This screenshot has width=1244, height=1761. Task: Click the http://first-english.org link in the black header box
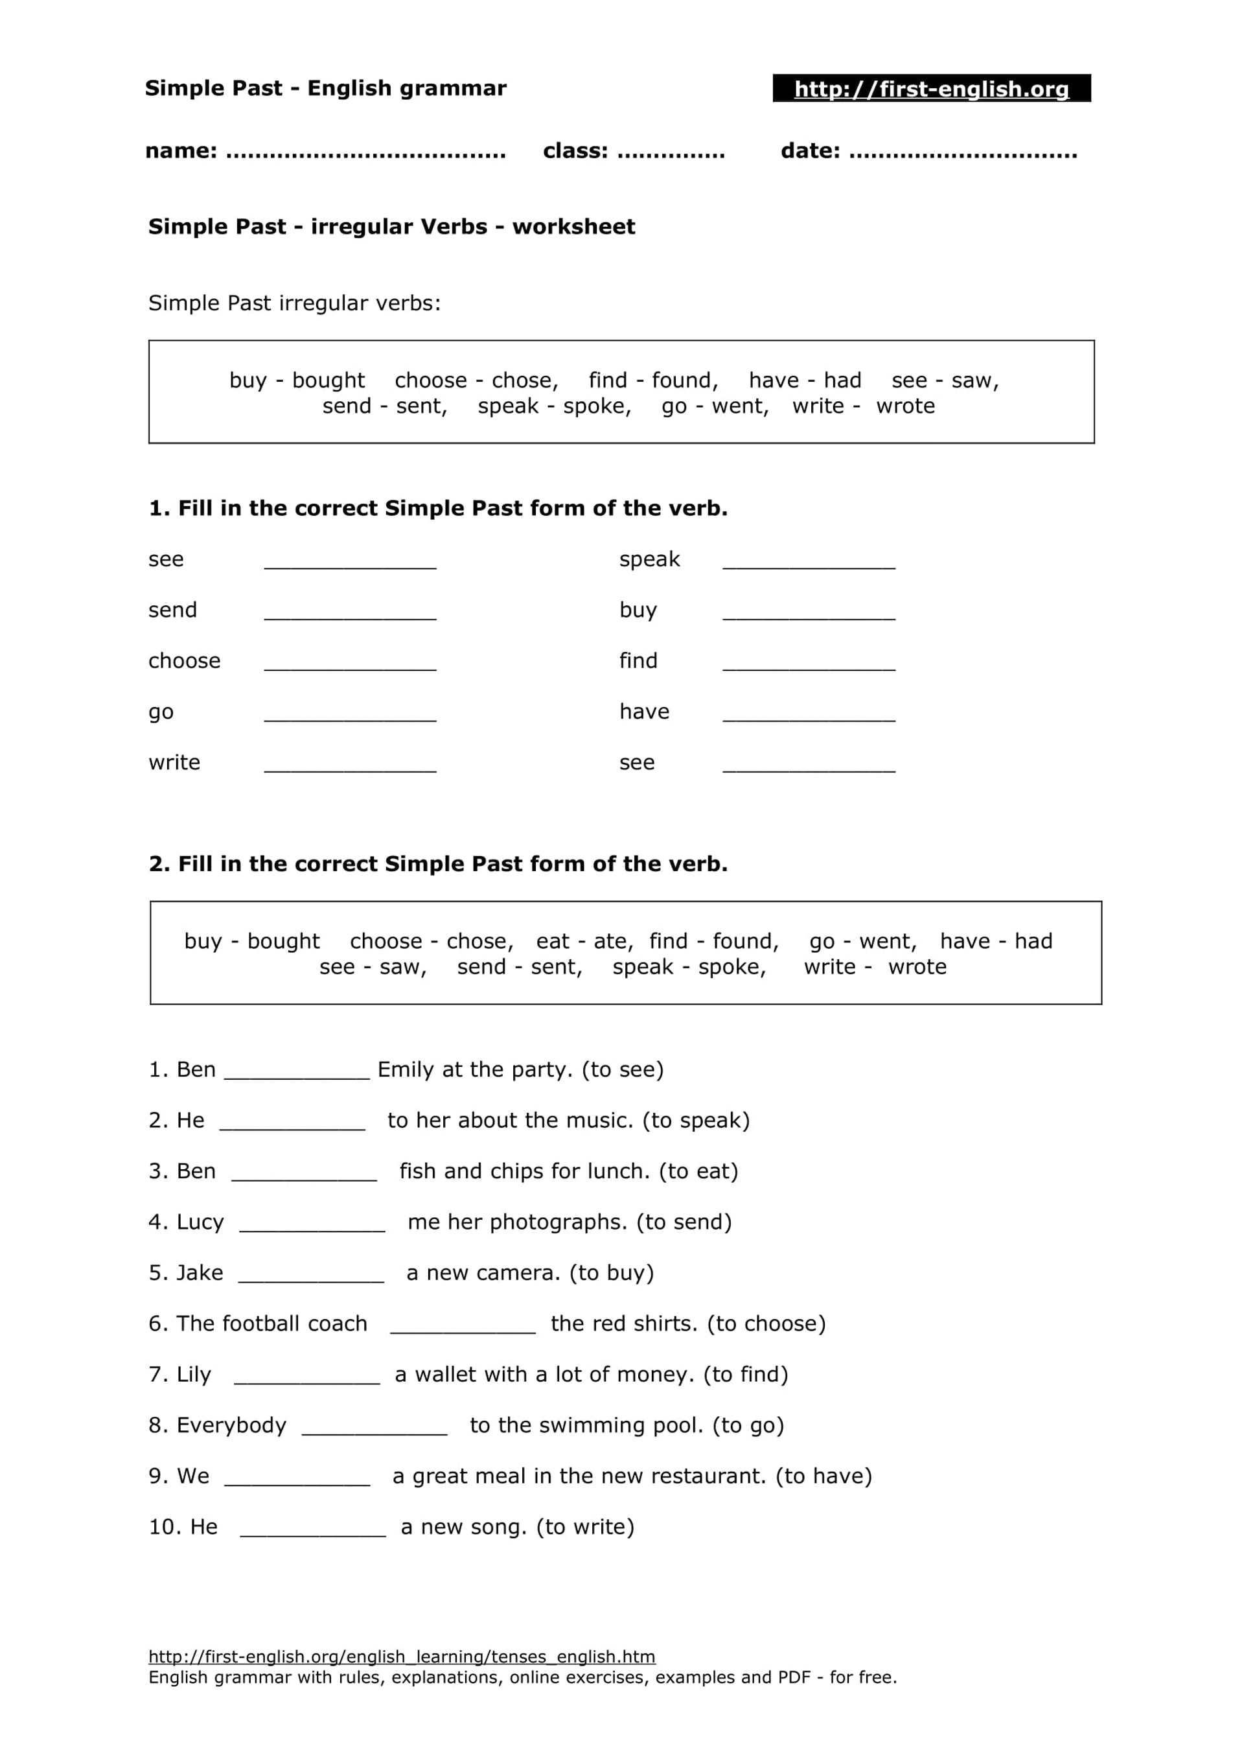tap(931, 89)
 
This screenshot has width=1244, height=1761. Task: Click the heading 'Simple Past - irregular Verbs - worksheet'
tap(391, 227)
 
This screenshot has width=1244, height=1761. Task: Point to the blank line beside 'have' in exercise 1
tap(809, 715)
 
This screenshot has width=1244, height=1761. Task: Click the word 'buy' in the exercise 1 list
tap(638, 611)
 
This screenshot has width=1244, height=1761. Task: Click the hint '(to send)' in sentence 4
tap(684, 1222)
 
